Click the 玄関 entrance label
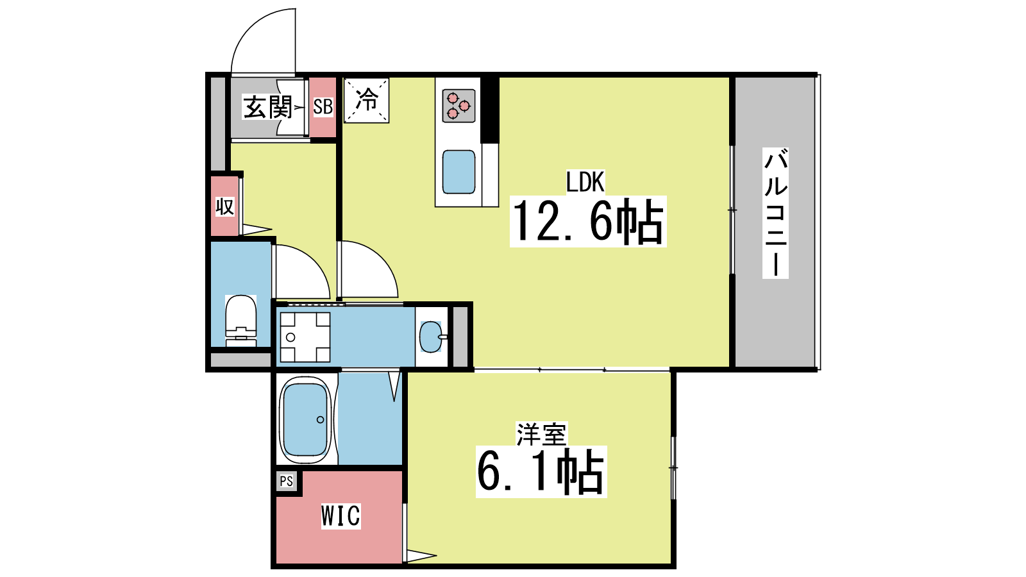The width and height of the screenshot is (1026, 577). [267, 108]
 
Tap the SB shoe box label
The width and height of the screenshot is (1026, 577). [323, 106]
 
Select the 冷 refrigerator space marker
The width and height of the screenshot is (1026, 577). [366, 100]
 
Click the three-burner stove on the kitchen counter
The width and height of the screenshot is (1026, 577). [458, 105]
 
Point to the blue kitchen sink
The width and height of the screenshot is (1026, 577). [458, 172]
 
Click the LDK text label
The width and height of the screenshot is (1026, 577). [585, 182]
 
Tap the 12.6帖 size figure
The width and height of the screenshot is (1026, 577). [588, 222]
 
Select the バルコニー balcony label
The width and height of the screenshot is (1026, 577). [775, 212]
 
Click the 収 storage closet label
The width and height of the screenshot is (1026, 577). [225, 207]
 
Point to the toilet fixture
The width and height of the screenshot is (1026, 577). [241, 321]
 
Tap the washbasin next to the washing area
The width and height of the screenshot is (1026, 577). [431, 337]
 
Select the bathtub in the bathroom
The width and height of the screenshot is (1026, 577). [305, 419]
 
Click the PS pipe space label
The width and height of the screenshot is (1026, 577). [286, 481]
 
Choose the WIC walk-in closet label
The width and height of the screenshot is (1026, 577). [341, 516]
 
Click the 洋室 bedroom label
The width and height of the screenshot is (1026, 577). [541, 434]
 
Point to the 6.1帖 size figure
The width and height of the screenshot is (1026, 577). [541, 472]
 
